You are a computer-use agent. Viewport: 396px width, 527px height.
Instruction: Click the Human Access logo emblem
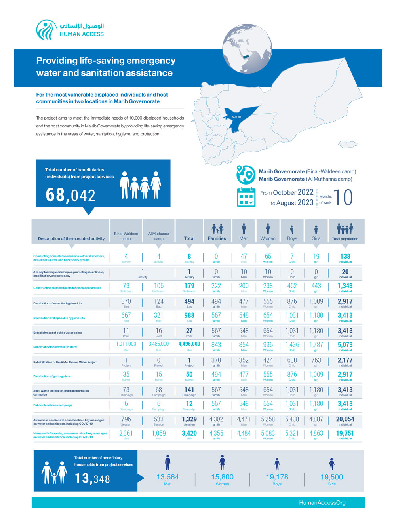pos(46,30)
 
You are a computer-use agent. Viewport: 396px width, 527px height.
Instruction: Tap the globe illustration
pos(247,49)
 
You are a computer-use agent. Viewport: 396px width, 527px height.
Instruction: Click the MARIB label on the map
pos(236,117)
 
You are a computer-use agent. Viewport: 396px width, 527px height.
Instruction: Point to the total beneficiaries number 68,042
pos(70,195)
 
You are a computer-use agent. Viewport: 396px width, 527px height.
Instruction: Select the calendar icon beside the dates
pos(246,197)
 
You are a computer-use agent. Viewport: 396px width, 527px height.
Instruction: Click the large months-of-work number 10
pos(343,197)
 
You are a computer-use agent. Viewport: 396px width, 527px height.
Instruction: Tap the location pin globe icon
pos(246,175)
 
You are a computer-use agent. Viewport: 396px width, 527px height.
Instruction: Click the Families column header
pos(217,238)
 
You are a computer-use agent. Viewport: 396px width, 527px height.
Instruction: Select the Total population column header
pos(345,239)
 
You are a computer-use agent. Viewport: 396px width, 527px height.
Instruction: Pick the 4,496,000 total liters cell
pos(189,344)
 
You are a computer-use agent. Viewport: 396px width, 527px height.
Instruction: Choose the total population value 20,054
pos(345,419)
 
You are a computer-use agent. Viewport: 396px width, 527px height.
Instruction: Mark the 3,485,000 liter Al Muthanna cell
pos(158,344)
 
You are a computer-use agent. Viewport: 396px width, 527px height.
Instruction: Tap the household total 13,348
pos(92,479)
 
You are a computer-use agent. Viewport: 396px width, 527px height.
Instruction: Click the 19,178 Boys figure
pos(277,477)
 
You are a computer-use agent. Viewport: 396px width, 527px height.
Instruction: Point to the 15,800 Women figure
pos(222,477)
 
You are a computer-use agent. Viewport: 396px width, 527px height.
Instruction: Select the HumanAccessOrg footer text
pos(322,503)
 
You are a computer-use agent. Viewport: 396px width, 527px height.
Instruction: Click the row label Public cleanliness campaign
pos(53,405)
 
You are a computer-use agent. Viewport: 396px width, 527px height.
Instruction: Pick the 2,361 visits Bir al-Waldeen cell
pos(126,433)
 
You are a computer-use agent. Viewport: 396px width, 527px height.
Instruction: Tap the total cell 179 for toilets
pos(189,286)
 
